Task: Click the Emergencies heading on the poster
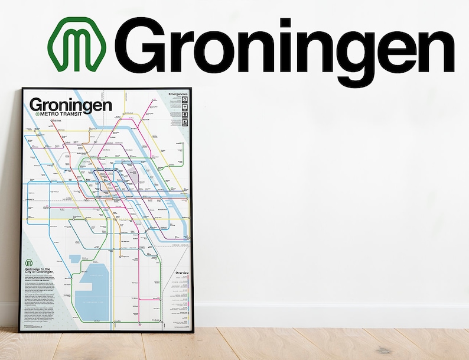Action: tap(178, 94)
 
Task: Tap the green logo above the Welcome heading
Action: tap(28, 262)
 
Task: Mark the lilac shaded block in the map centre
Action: tap(133, 174)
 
